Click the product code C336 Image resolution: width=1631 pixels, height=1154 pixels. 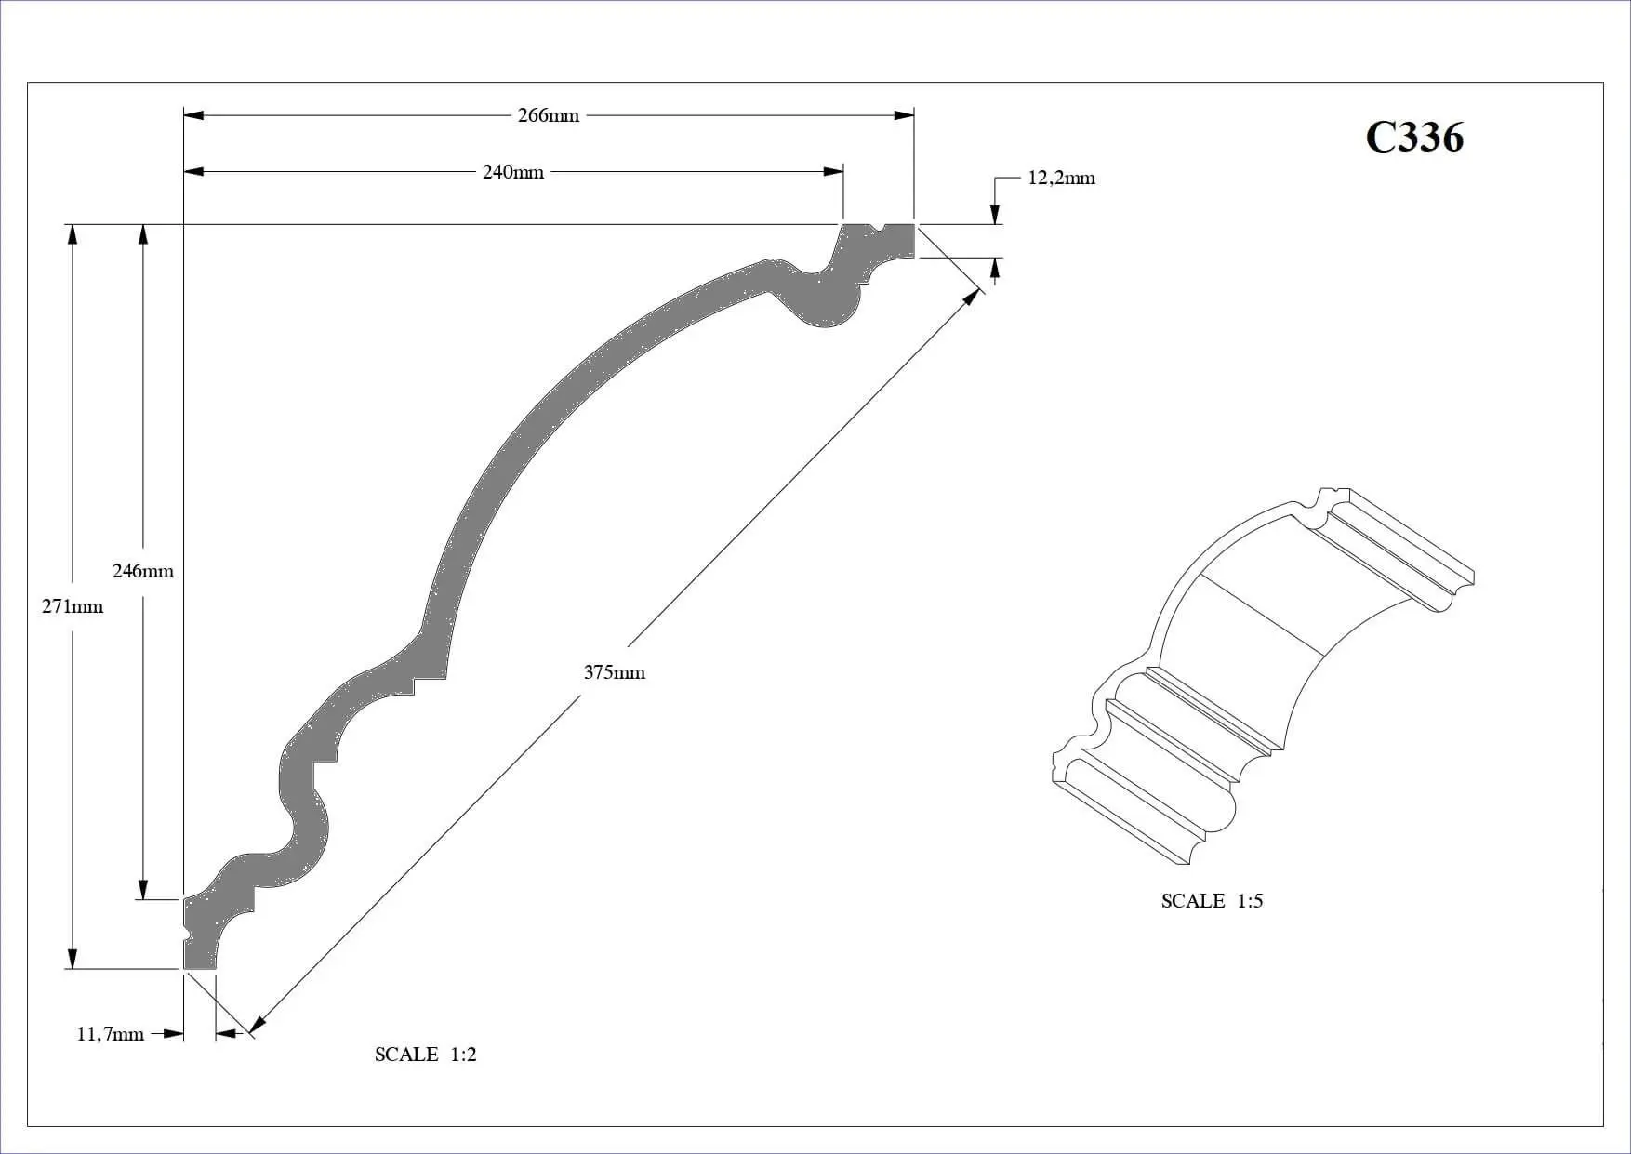point(1414,137)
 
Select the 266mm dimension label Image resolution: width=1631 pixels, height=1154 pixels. point(549,115)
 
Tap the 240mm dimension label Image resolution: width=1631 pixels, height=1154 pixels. point(513,172)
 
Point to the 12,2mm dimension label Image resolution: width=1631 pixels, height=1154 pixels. point(1061,178)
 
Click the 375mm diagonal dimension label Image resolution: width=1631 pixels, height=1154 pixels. point(615,672)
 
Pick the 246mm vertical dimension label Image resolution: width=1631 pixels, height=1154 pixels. point(143,571)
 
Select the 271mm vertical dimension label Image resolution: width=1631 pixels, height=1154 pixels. point(73,606)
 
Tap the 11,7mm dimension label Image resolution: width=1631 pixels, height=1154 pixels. point(111,1034)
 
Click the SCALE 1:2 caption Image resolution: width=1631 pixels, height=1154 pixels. point(426,1055)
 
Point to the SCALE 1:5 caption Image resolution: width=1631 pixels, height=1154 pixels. point(1213,901)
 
